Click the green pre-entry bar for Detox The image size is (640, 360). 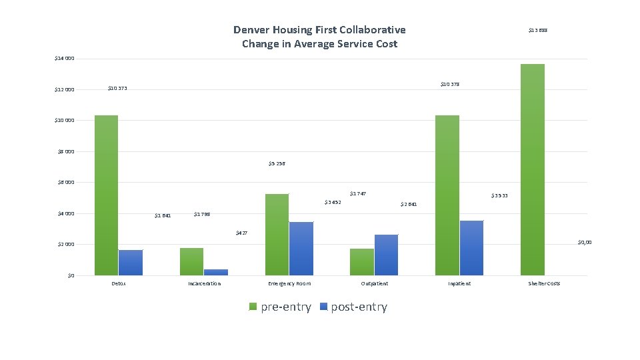106,195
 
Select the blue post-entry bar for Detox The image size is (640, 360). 131,262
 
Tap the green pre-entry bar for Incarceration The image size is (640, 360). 191,261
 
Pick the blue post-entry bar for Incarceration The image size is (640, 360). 216,272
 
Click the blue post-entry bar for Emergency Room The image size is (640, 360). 301,248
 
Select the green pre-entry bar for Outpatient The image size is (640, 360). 362,261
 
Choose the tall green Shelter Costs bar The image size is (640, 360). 532,169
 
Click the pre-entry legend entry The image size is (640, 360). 280,307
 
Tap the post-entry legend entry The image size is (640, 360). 353,307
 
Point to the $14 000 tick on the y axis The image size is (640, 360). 65,59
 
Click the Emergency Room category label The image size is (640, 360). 289,283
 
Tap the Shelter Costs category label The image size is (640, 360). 544,283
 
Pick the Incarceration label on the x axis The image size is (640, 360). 204,283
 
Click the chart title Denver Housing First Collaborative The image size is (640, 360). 319,30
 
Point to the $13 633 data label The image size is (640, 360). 537,30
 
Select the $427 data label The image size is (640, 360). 241,233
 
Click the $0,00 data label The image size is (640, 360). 584,243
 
